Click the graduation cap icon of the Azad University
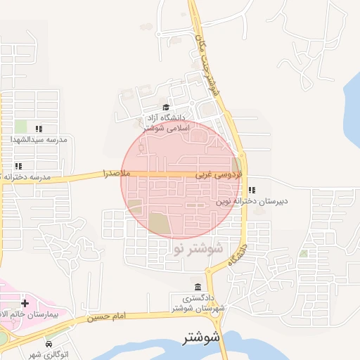(x=167, y=108)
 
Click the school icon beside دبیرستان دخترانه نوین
(x=252, y=190)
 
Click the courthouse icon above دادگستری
(x=197, y=288)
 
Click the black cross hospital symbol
(x=25, y=302)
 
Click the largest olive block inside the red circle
(x=159, y=225)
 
